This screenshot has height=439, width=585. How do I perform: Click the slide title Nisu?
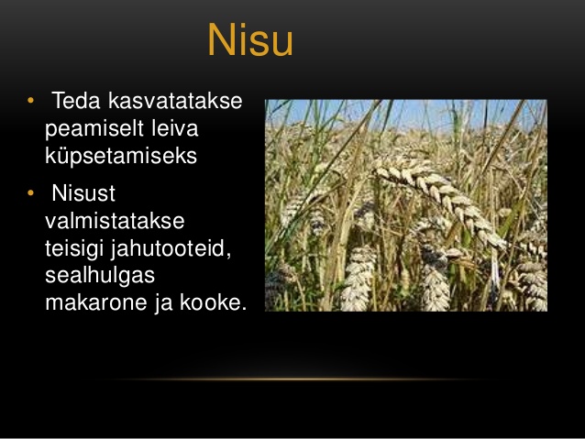250,39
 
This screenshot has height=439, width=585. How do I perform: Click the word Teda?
76,101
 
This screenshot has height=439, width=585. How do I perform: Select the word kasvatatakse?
175,101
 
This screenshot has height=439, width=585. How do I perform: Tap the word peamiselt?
94,128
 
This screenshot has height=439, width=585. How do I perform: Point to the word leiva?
175,128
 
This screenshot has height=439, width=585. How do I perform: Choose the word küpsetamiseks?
121,157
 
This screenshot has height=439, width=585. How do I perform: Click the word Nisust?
83,193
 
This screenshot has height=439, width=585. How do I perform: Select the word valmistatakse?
115,221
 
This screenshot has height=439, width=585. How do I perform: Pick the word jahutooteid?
171,248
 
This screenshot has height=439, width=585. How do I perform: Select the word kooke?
214,302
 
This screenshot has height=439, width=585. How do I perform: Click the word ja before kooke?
164,303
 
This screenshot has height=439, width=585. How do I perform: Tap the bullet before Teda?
30,100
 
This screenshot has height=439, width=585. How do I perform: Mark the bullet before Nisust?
30,192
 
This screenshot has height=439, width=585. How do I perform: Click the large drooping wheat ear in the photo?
440,202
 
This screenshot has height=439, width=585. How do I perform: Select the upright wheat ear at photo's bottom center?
359,279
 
